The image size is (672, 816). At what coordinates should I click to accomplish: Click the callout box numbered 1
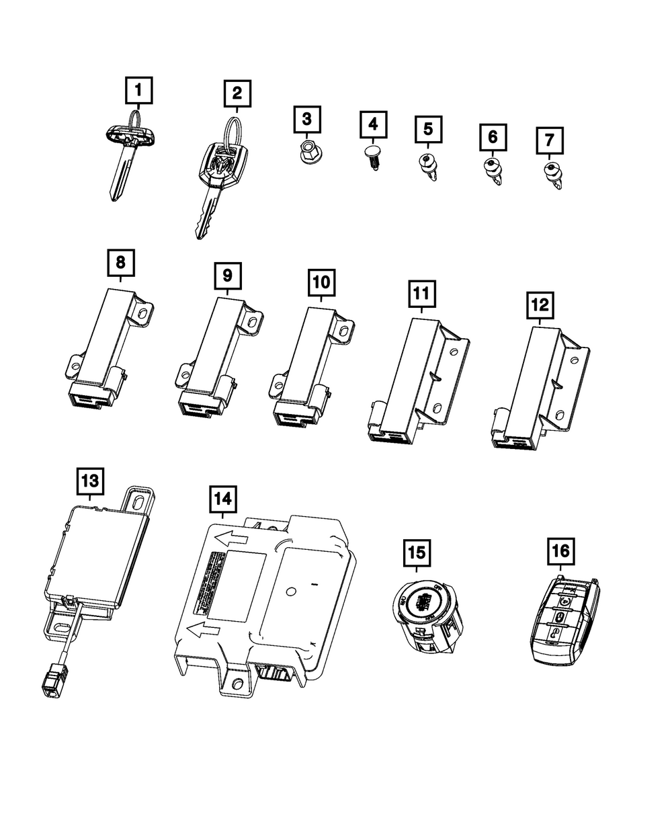coord(138,89)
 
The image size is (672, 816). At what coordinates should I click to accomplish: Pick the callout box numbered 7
coord(550,140)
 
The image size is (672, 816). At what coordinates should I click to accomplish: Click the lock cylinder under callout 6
coord(492,171)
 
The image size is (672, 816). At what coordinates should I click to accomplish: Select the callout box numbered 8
coord(120,262)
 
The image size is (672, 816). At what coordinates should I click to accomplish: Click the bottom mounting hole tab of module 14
coord(236,684)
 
